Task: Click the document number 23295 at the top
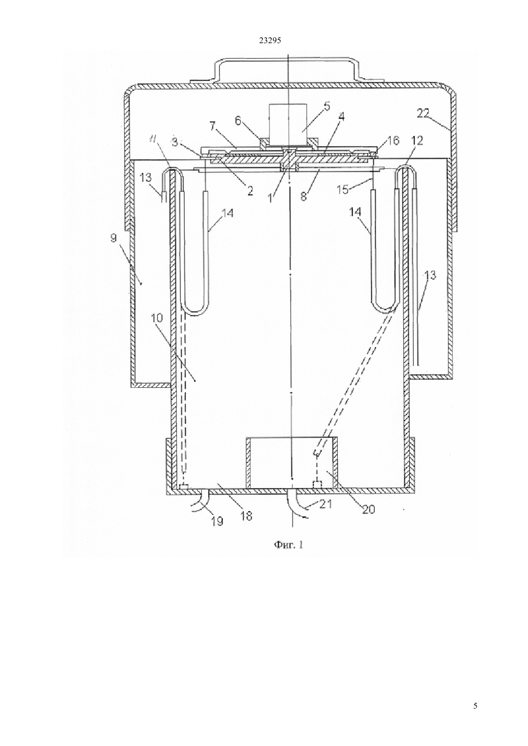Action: point(270,41)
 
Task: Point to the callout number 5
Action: point(326,106)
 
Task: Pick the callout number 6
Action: point(238,120)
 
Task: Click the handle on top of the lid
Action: point(288,70)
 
